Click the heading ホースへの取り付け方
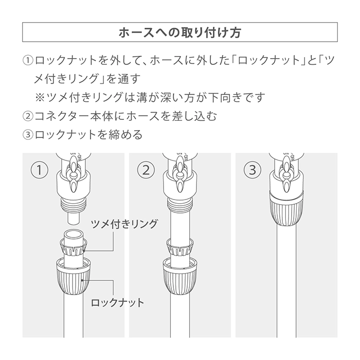[180, 32]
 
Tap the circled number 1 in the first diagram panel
[40, 170]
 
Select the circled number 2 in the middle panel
[146, 170]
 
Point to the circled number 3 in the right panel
[253, 170]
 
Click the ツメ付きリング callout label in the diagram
[124, 224]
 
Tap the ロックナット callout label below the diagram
[117, 302]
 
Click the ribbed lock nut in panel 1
[74, 276]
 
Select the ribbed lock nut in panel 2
[180, 276]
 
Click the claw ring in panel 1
[74, 247]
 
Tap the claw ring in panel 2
[180, 247]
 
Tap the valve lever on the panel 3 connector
[286, 175]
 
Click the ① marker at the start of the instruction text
[28, 61]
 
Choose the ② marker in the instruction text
[28, 116]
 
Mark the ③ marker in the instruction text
[28, 135]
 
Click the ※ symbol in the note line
[40, 98]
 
